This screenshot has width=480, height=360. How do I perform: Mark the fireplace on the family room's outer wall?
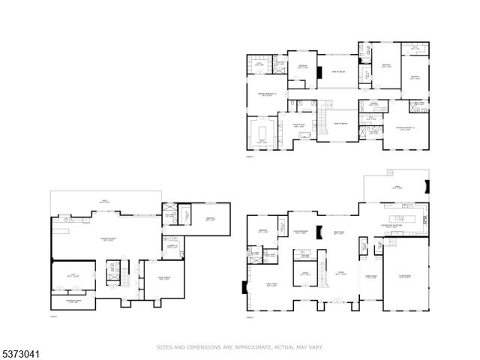(242, 286)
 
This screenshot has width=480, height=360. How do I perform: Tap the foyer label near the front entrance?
(340, 273)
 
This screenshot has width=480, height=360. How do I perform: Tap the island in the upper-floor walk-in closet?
(262, 133)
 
